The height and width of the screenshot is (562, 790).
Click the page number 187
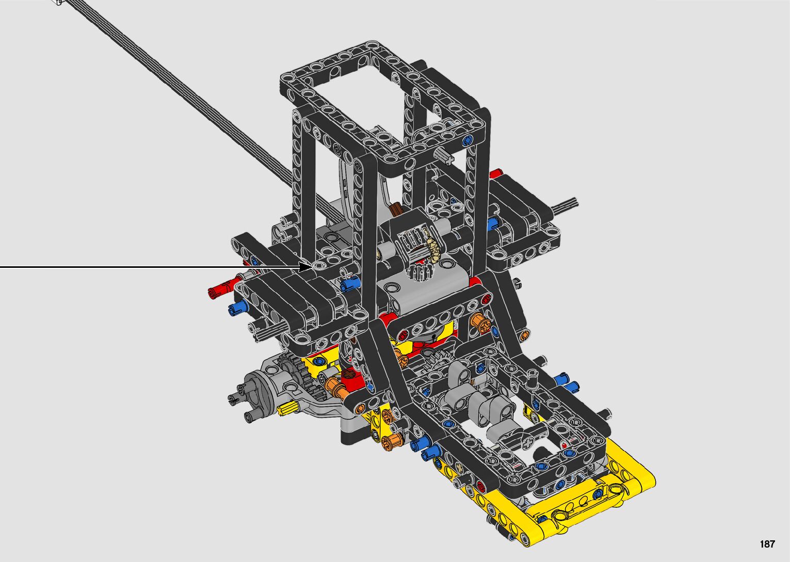(767, 544)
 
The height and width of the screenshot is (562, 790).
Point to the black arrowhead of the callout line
(305, 267)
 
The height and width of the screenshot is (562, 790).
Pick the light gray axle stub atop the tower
(445, 155)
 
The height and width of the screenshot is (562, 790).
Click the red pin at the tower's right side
(495, 173)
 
